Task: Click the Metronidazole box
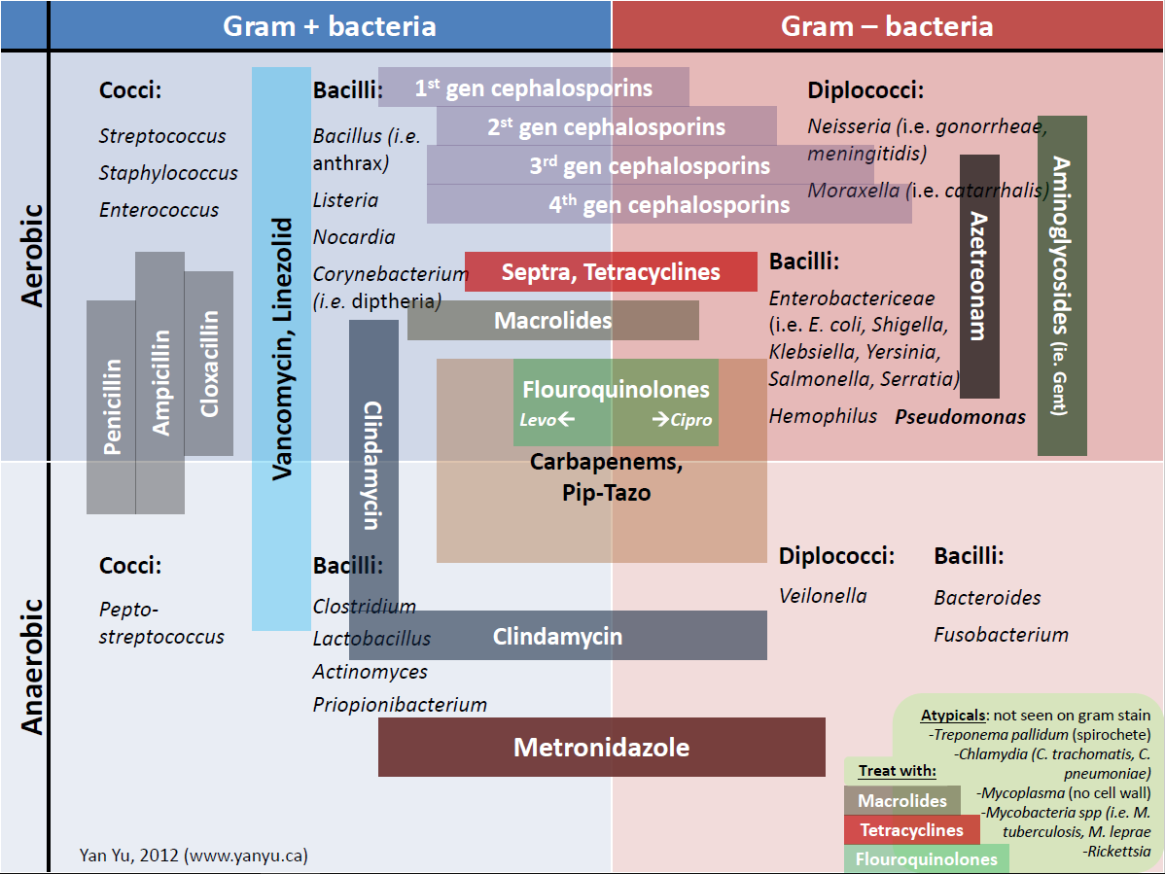click(601, 747)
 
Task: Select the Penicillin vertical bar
click(111, 406)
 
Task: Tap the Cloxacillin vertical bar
click(209, 364)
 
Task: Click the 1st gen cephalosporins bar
click(533, 87)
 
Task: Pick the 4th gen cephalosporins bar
click(669, 204)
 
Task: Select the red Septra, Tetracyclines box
click(611, 271)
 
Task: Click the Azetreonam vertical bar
click(979, 276)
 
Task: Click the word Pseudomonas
click(960, 417)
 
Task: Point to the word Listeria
click(345, 200)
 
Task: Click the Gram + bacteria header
click(330, 25)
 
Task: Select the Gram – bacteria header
click(887, 25)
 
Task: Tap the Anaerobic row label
click(32, 666)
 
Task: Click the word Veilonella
click(823, 596)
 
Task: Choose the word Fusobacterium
click(1001, 635)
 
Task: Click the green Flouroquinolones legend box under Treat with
click(926, 858)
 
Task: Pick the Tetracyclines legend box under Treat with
click(911, 829)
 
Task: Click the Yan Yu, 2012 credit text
click(194, 856)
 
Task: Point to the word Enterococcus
click(159, 210)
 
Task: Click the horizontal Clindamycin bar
click(557, 637)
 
